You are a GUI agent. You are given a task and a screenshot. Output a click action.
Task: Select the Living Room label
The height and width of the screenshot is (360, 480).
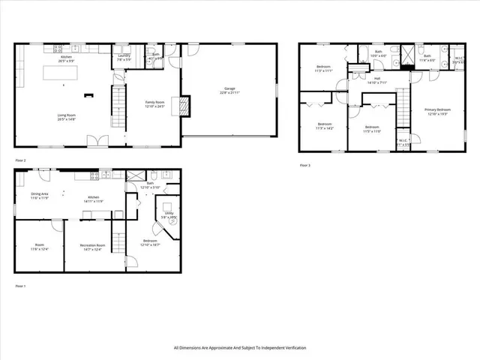67,116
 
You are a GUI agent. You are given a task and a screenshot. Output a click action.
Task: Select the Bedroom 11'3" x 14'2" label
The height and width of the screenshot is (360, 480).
324,125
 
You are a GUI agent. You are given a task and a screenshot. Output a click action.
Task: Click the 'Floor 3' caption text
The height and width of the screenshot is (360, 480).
304,164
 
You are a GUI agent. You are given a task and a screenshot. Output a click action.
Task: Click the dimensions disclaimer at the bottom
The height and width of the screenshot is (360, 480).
239,347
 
